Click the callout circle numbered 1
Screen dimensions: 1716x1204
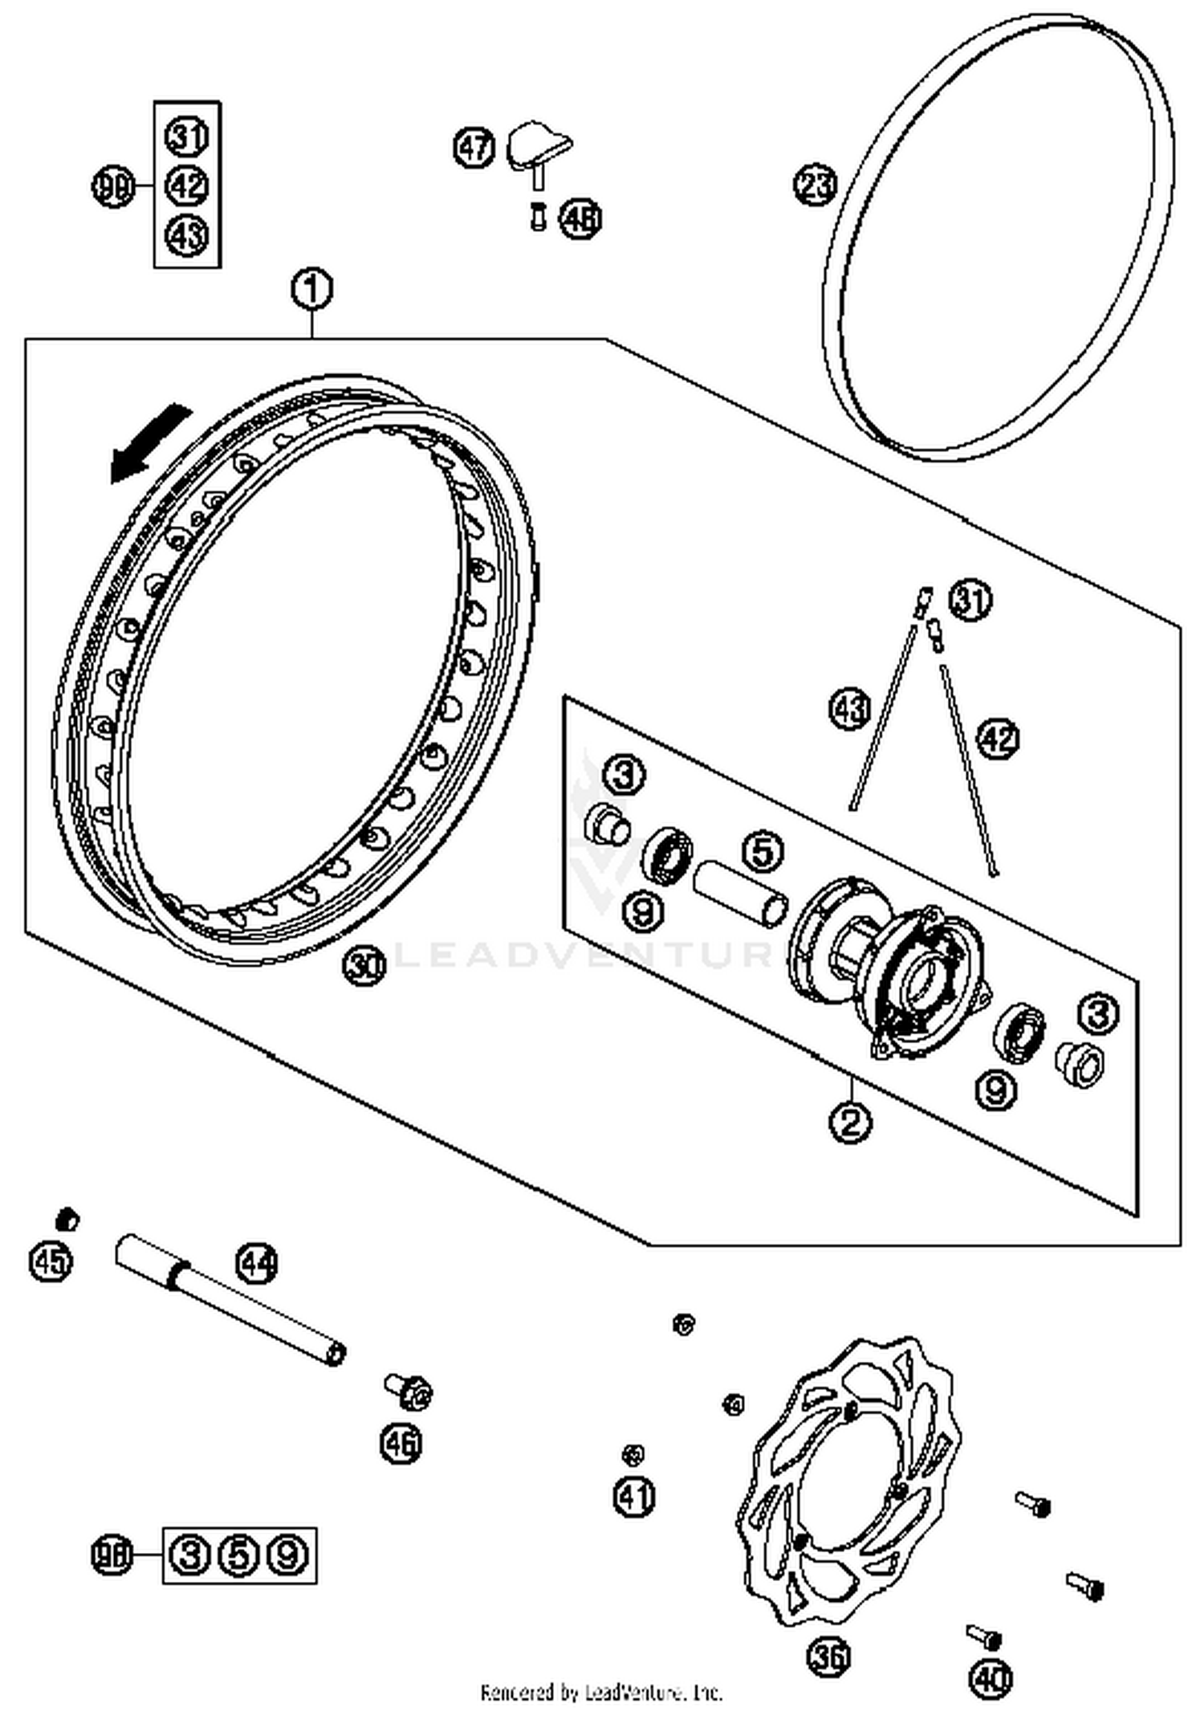[311, 289]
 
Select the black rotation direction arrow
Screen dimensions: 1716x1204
[149, 444]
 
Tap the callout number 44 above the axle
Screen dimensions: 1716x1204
[258, 1264]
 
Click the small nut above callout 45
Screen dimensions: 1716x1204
[67, 1219]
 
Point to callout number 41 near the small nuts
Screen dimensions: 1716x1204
[634, 1497]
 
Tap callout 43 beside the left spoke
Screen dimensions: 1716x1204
[849, 709]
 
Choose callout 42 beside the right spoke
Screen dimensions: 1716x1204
[998, 738]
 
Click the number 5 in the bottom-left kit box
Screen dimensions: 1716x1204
[238, 1555]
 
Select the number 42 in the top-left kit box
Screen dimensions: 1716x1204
[187, 186]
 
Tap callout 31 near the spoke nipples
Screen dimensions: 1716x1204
[970, 600]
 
